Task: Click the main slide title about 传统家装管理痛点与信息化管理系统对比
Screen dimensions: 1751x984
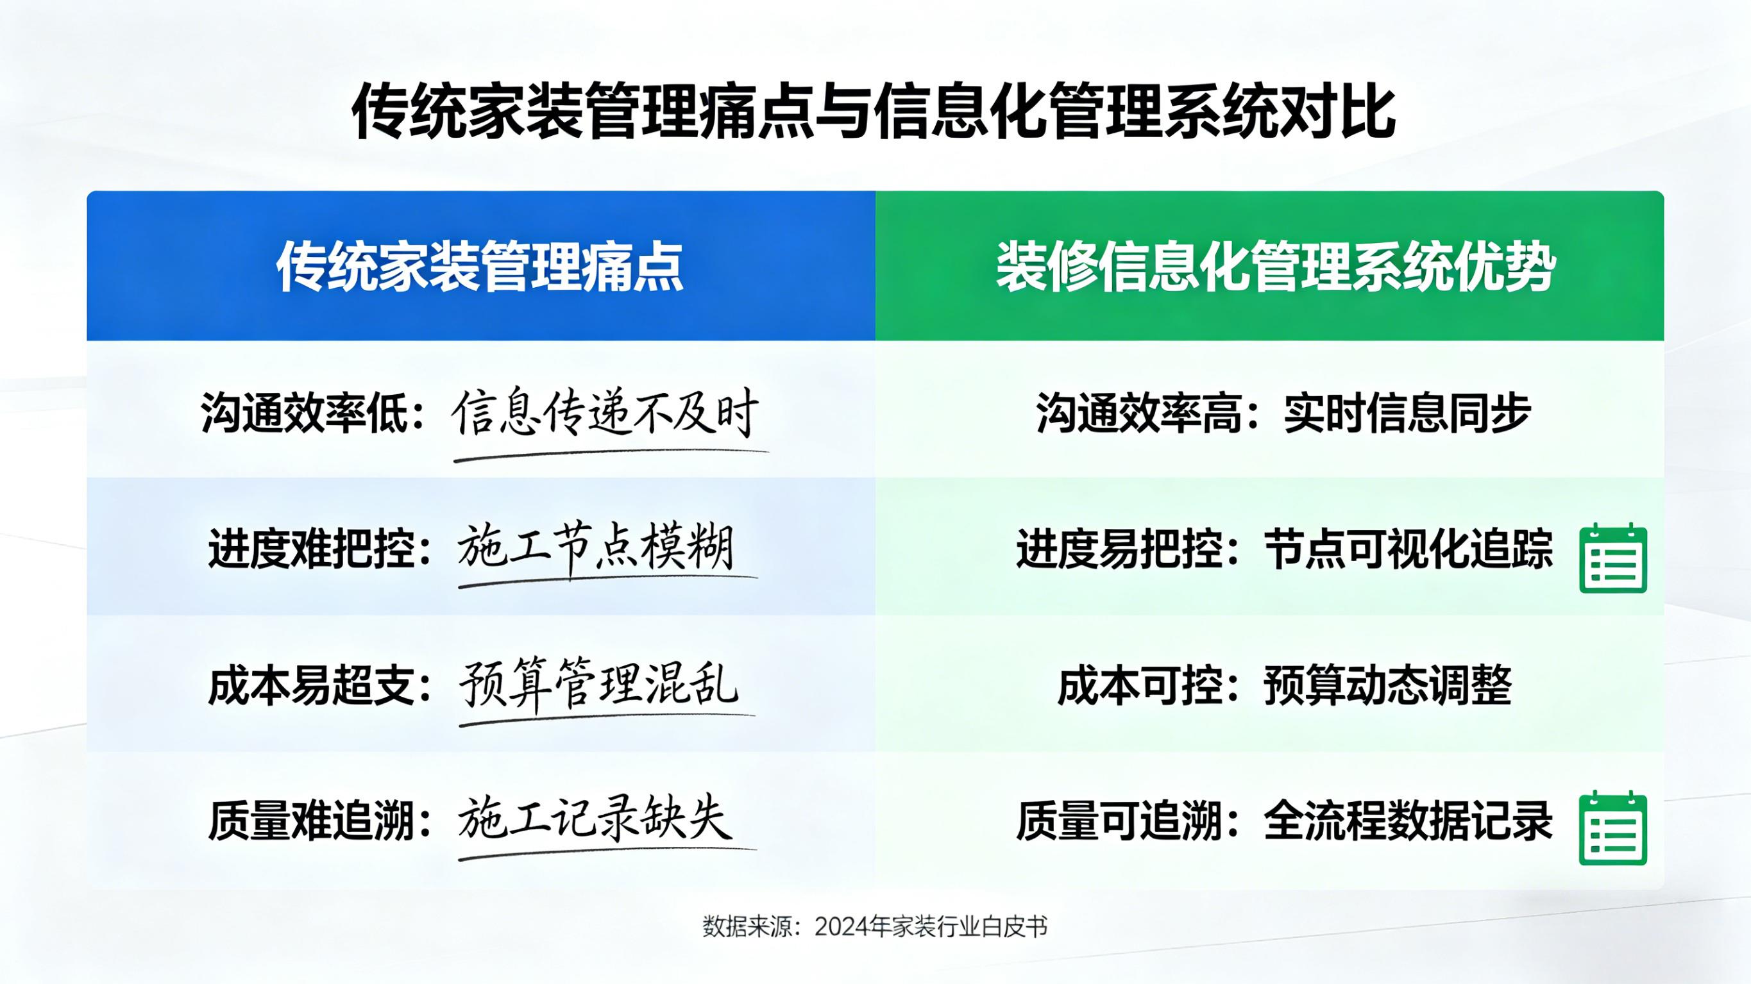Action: (x=875, y=112)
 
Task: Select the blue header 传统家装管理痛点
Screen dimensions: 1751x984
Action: (x=480, y=267)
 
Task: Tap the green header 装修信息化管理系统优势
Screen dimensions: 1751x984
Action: (x=1276, y=267)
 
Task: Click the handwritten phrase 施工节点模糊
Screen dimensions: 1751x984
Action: (x=596, y=549)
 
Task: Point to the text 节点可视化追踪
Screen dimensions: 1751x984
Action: (x=1408, y=549)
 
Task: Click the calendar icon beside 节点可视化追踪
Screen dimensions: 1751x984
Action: (x=1613, y=558)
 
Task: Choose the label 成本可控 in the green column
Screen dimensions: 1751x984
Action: (x=1139, y=686)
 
